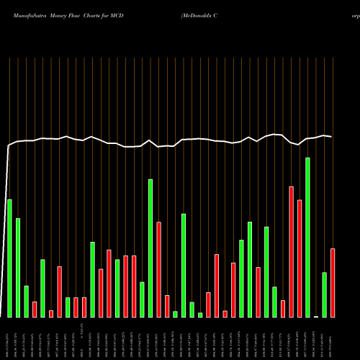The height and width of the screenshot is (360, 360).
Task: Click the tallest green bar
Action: [307, 238]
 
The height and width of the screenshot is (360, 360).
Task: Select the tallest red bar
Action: [292, 251]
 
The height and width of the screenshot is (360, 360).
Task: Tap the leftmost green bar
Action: [9, 258]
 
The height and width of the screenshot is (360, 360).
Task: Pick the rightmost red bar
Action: [333, 282]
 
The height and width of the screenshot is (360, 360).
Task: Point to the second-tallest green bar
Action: [150, 248]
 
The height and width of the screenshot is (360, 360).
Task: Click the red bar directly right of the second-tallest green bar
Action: [158, 269]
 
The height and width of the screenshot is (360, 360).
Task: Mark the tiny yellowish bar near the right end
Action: [316, 316]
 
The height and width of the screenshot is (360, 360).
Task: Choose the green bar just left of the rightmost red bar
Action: [325, 294]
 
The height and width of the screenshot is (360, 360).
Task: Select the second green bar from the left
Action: [18, 267]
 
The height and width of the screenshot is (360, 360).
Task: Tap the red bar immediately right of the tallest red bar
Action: [300, 258]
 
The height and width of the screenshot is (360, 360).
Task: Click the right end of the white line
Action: [332, 137]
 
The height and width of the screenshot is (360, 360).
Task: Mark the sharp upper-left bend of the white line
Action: [9, 146]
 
